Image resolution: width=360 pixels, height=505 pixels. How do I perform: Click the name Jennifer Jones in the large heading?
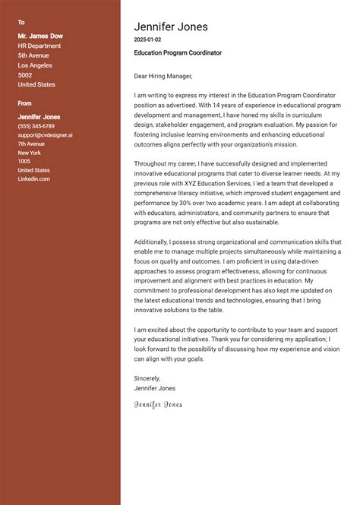[170, 27]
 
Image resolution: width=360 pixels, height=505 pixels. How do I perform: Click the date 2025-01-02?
[147, 39]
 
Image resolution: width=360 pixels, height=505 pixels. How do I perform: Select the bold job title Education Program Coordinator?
[178, 53]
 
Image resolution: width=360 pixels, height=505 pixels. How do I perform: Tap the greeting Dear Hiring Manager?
[163, 76]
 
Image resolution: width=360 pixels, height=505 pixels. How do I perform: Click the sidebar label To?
[21, 22]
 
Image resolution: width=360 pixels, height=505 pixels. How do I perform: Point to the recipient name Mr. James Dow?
[40, 36]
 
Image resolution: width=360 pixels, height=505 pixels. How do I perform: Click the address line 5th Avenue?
[33, 55]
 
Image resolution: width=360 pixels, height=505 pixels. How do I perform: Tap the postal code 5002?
[25, 75]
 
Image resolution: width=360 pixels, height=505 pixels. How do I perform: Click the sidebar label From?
[25, 103]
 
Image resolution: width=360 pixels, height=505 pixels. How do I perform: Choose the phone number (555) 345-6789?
[36, 126]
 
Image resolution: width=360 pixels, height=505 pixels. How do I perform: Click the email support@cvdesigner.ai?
[46, 135]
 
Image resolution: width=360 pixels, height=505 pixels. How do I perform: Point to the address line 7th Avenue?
[32, 144]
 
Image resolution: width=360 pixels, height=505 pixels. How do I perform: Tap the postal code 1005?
[24, 161]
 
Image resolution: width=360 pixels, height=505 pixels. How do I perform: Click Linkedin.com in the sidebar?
[34, 178]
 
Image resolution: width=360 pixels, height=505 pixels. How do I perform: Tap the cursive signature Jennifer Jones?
[158, 405]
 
